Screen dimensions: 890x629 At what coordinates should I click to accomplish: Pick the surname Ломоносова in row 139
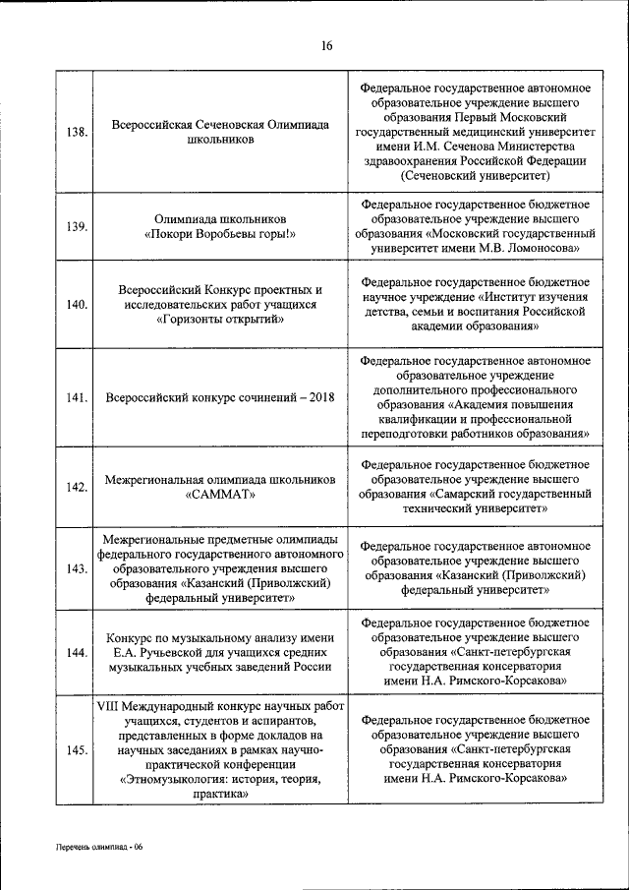click(x=543, y=249)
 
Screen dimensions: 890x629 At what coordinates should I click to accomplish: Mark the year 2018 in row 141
click(x=316, y=397)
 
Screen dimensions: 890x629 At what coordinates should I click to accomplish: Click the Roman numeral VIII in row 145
click(x=108, y=707)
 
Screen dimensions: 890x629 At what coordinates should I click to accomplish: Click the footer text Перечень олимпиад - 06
click(x=99, y=847)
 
